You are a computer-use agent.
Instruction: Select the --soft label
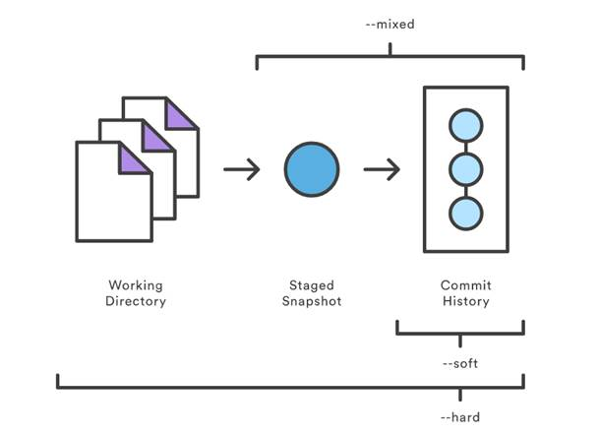(x=460, y=362)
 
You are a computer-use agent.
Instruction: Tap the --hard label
(x=460, y=417)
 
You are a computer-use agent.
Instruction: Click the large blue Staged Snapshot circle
(x=312, y=169)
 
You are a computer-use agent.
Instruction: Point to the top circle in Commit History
(x=465, y=127)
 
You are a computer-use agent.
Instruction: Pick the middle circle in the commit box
(x=465, y=169)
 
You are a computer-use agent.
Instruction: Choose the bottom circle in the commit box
(x=465, y=213)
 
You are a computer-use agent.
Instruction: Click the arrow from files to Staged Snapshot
(x=241, y=170)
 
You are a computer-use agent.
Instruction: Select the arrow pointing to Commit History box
(x=382, y=170)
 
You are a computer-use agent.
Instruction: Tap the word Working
(x=136, y=285)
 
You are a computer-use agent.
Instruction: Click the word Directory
(x=136, y=301)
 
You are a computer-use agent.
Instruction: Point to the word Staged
(x=312, y=285)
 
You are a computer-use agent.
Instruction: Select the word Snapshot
(x=312, y=301)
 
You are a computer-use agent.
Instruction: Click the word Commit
(x=465, y=285)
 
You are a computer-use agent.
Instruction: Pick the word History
(x=465, y=301)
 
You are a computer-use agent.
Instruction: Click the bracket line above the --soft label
(x=459, y=334)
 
